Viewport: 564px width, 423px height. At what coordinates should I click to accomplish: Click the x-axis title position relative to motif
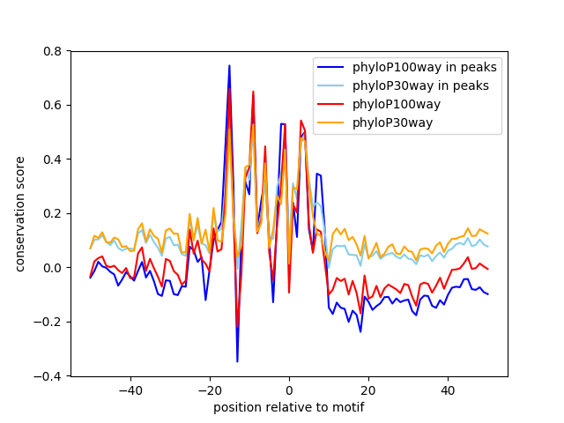(x=288, y=407)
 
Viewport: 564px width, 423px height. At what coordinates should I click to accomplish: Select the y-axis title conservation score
(x=19, y=213)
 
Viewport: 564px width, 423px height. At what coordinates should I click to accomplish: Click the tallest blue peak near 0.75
(x=229, y=65)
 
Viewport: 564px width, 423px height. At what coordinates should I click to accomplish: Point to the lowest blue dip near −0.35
(x=237, y=361)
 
